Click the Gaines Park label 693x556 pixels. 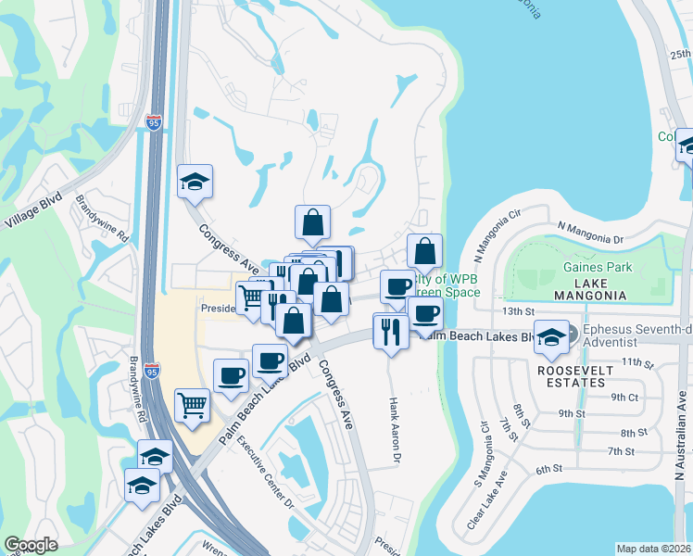590,267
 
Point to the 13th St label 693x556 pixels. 520,311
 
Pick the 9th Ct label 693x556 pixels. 625,397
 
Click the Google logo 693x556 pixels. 31,545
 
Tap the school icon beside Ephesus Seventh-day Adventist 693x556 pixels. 551,337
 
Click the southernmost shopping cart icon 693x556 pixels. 192,404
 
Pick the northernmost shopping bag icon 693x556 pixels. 313,221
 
